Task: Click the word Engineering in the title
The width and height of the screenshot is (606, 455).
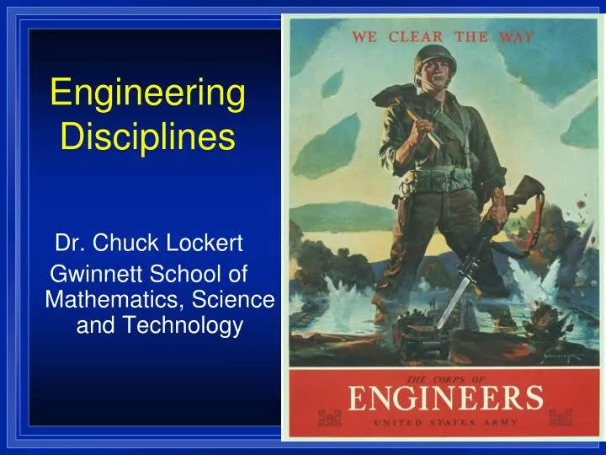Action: [147, 94]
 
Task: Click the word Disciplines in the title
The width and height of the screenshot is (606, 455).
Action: [147, 136]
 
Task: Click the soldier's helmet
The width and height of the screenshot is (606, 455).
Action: [435, 60]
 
